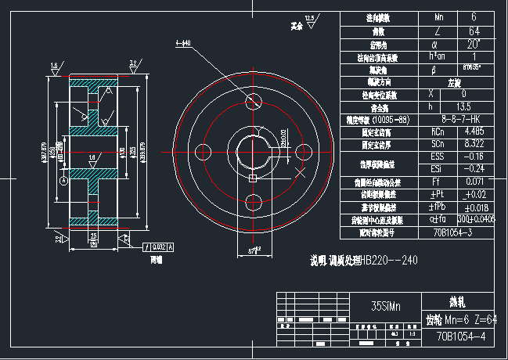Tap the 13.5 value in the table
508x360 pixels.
463,106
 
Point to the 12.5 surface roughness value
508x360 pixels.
310,16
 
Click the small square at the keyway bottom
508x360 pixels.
252,179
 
